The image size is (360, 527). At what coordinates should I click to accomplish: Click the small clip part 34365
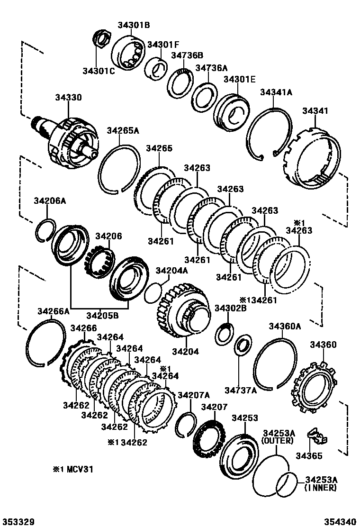316,436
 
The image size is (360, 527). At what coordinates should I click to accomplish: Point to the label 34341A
276,93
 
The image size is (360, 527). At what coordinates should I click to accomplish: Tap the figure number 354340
340,521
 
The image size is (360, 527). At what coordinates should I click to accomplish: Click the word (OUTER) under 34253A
278,440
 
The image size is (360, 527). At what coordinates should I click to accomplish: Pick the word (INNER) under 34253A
321,487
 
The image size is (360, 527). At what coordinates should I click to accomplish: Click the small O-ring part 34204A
152,293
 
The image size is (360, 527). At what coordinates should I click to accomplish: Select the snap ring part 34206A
46,229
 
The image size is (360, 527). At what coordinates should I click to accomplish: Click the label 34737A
240,390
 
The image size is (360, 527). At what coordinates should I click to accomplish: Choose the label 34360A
285,326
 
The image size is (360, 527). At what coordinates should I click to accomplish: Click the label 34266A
54,311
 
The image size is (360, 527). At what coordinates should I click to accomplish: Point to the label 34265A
123,131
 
